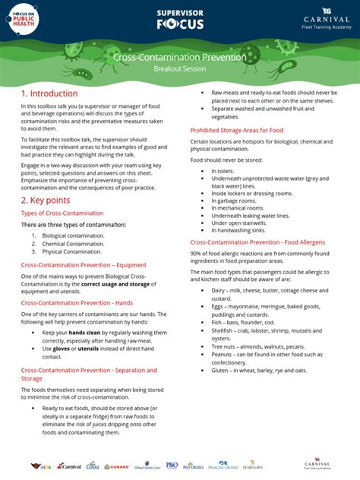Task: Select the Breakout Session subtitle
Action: (x=179, y=68)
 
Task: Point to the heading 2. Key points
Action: (x=46, y=200)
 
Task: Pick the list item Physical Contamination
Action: (x=71, y=251)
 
